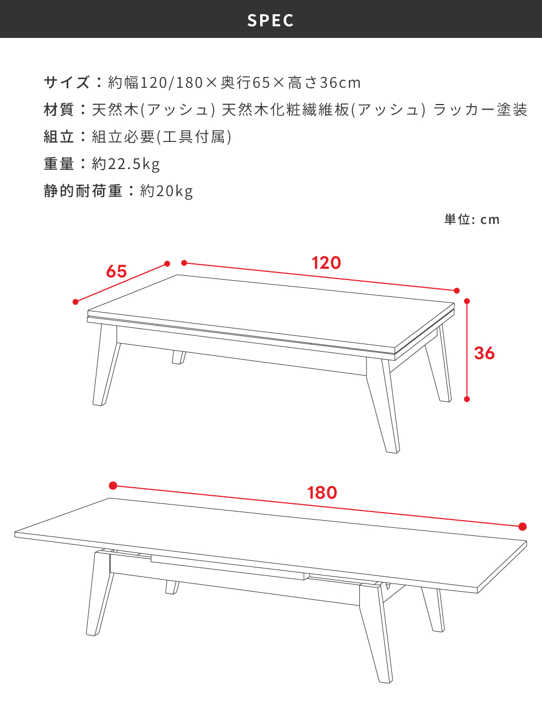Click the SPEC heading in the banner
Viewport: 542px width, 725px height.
(x=270, y=20)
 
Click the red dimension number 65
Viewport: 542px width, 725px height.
(x=117, y=271)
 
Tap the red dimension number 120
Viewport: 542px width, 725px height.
(x=326, y=263)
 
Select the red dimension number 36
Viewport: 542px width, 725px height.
(x=484, y=353)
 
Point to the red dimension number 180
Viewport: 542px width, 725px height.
(x=322, y=493)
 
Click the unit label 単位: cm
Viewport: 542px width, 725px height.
(x=472, y=219)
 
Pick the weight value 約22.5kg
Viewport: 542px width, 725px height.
(x=126, y=164)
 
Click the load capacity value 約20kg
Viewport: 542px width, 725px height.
(x=166, y=191)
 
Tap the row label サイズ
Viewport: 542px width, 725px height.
(x=67, y=82)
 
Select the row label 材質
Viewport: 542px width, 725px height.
(x=59, y=109)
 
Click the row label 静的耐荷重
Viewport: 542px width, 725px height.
(x=83, y=191)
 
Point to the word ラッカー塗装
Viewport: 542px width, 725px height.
(x=480, y=109)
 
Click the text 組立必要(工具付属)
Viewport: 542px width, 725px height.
(x=162, y=137)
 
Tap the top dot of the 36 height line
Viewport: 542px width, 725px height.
(x=467, y=301)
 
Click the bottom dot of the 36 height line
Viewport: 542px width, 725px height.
(x=467, y=399)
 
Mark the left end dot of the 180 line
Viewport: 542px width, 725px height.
(x=113, y=486)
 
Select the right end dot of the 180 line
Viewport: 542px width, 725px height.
(x=522, y=527)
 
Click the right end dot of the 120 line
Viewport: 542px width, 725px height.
(x=456, y=291)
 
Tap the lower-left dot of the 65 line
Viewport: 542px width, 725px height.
(x=75, y=302)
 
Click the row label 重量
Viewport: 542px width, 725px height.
(x=59, y=164)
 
